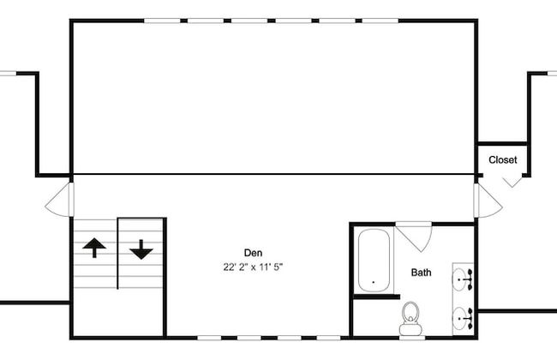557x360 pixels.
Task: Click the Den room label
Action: tap(254, 253)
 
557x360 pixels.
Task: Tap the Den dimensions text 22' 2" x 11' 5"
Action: tap(253, 267)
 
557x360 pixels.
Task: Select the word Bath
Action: tap(422, 273)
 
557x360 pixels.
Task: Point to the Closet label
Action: tap(503, 160)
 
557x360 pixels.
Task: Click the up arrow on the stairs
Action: tap(94, 248)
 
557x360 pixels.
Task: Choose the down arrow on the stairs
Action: tap(141, 249)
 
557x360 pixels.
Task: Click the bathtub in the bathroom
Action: tap(374, 261)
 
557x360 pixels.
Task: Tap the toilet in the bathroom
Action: tap(410, 318)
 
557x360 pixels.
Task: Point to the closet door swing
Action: tap(512, 181)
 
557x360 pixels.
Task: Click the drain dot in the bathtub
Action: tap(374, 282)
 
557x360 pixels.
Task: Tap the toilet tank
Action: tap(410, 329)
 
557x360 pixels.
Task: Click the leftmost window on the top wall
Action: tap(162, 21)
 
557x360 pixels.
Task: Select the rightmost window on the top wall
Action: tap(380, 21)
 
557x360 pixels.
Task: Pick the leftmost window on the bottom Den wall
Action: tap(209, 338)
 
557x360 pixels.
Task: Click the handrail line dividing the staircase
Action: tap(117, 254)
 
